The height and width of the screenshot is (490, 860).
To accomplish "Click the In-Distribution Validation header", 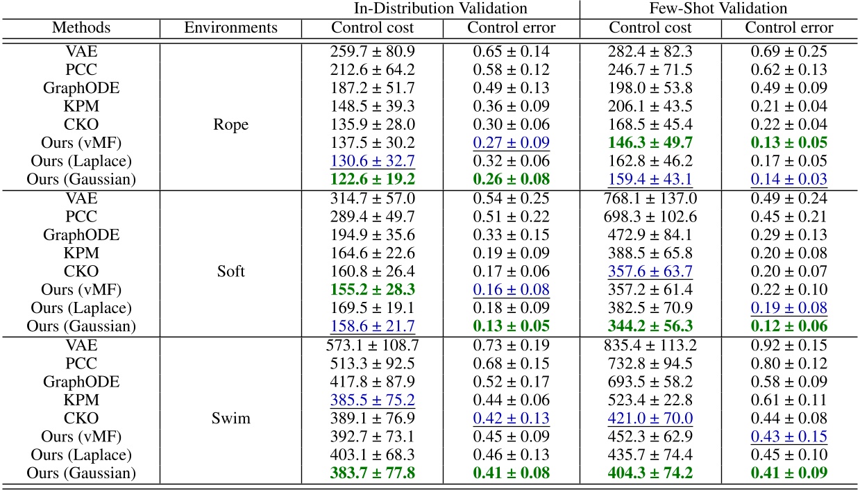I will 440,9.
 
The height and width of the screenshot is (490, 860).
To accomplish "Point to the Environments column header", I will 230,28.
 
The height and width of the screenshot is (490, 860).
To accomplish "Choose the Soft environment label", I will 230,271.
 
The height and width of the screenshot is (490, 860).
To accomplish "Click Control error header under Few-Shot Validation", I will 789,28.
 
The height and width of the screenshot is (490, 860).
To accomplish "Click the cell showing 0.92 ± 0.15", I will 789,344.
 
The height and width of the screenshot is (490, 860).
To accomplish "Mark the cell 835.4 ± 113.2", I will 650,344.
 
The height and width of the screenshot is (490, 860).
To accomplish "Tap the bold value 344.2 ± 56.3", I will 650,326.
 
